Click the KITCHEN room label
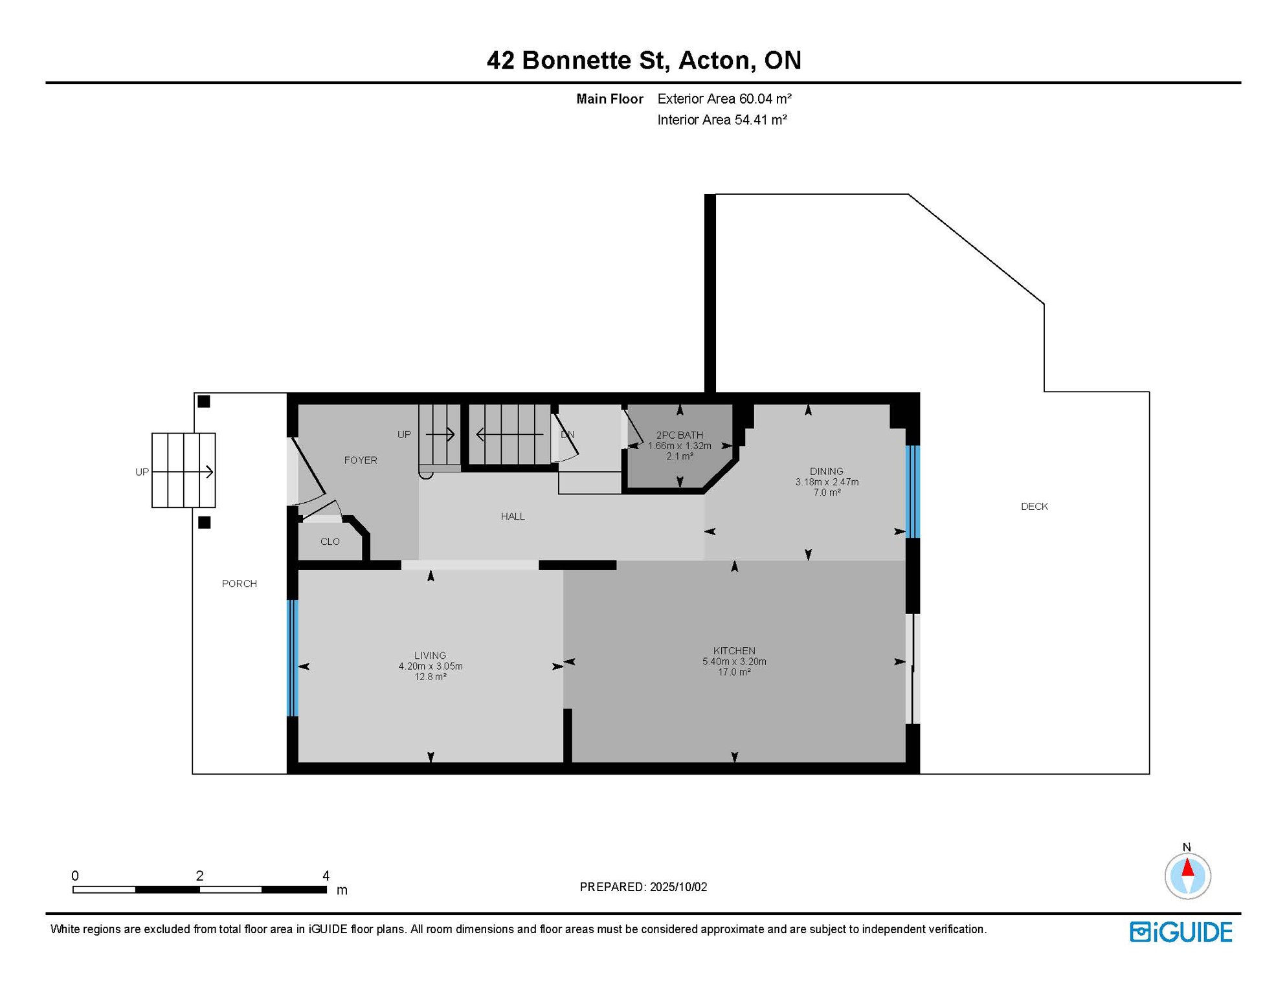[734, 651]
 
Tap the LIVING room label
[431, 656]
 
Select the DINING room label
[827, 472]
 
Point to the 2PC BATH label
[680, 436]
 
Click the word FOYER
[361, 461]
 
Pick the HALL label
[513, 516]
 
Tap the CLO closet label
[330, 542]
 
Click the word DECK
[1035, 507]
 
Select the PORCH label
[240, 584]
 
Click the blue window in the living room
[293, 658]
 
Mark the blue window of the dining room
[913, 492]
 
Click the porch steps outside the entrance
[184, 470]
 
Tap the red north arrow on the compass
[1188, 867]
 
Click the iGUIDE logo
[1181, 932]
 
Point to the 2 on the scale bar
[200, 876]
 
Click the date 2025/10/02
[678, 887]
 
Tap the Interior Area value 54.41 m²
[761, 120]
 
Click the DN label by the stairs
[568, 435]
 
